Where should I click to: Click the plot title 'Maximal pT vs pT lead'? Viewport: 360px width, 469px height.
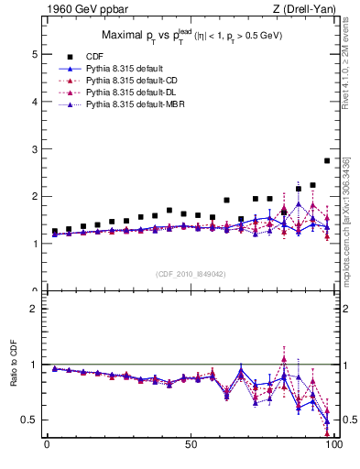tap(190, 38)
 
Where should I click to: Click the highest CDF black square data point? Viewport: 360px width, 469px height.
tap(327, 160)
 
